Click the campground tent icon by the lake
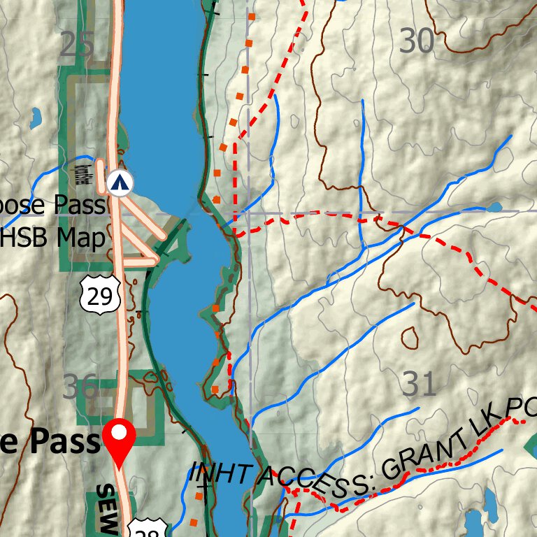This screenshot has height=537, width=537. tap(121, 183)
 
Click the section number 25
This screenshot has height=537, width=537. tap(77, 46)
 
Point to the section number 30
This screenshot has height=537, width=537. tap(417, 43)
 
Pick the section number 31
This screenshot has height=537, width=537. tap(420, 384)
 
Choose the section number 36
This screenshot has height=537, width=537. tap(80, 387)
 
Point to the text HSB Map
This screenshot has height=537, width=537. tap(53, 238)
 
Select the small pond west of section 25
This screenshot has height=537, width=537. tap(35, 119)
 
